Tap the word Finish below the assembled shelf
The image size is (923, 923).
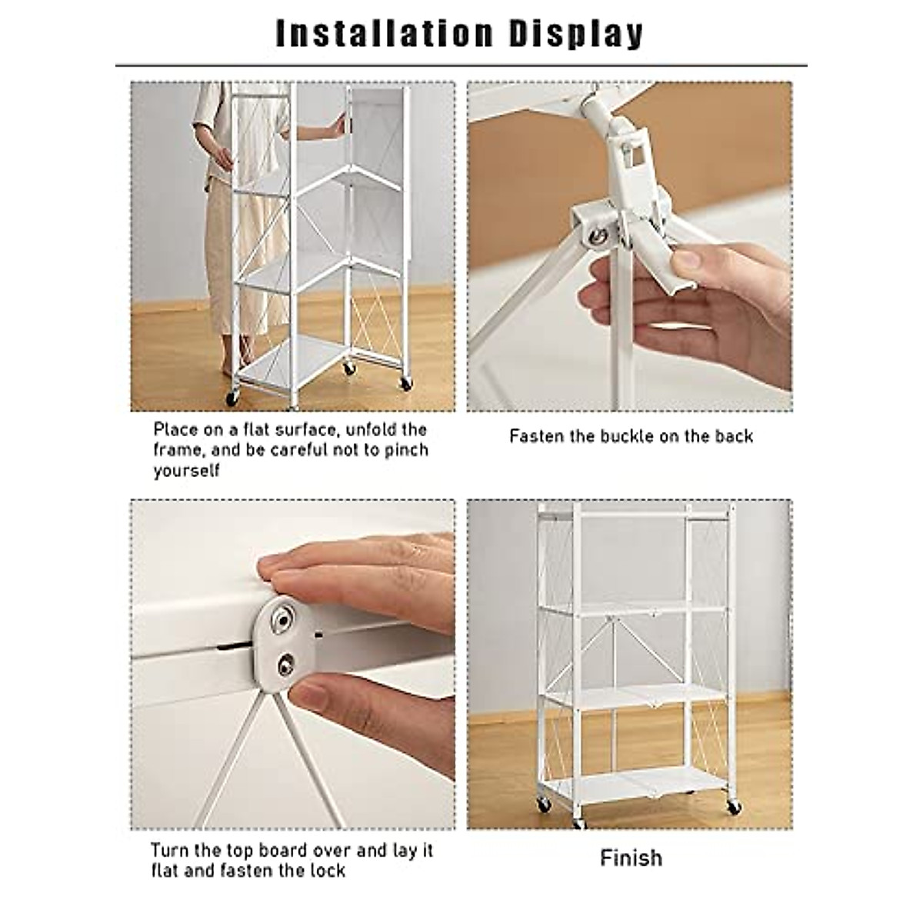coord(631,858)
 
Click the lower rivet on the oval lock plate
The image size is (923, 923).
coord(286,663)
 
